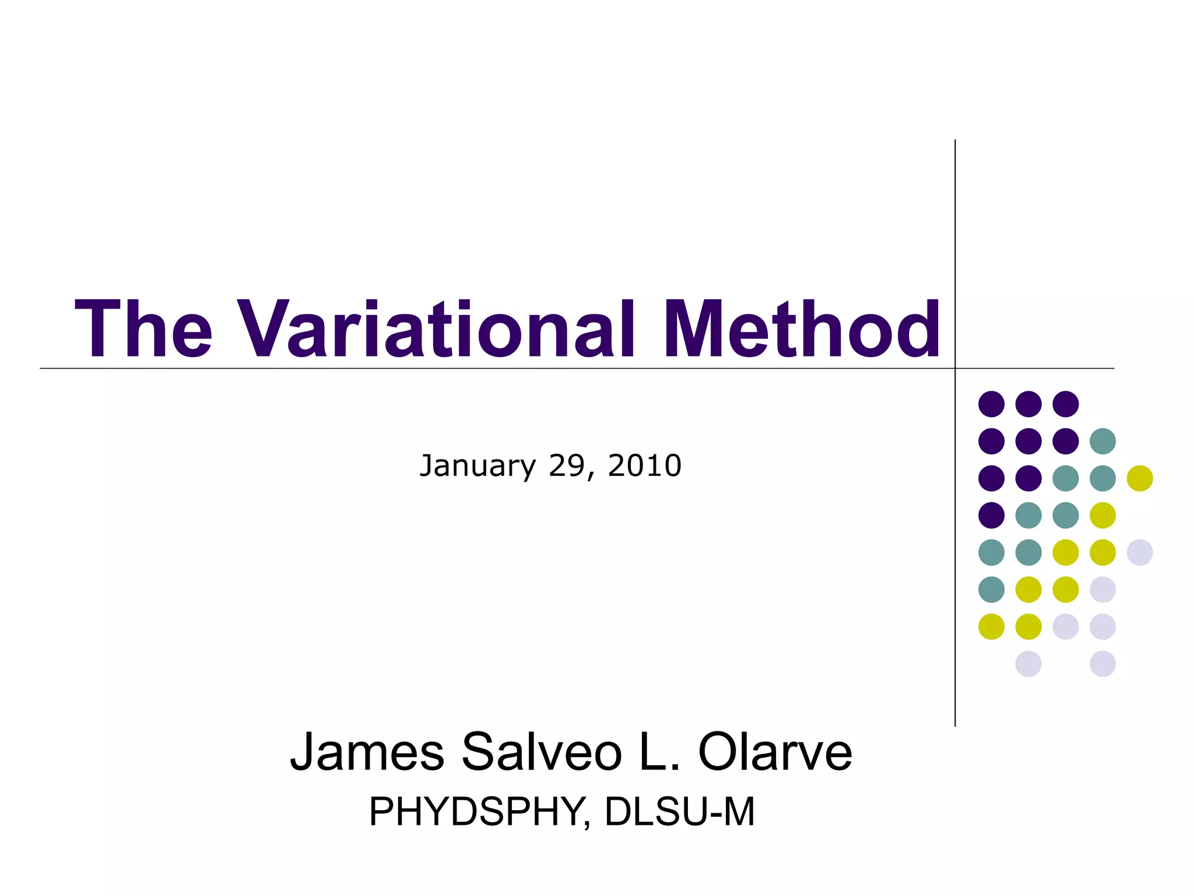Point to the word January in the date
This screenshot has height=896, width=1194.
(477, 466)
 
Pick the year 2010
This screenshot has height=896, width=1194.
(644, 466)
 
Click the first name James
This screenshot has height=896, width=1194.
(367, 752)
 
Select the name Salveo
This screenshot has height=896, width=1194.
(542, 752)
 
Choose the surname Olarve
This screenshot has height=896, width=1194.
(775, 752)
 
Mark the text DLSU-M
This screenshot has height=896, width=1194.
(680, 811)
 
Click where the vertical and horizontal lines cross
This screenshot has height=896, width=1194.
(955, 369)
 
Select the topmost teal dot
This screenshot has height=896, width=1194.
(1102, 441)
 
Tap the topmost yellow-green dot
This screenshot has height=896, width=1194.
(1140, 478)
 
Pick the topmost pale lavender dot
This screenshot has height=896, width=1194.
(1140, 552)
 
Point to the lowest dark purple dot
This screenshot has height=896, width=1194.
(991, 515)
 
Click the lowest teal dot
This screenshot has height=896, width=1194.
(991, 589)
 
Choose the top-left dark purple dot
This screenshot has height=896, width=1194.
(991, 404)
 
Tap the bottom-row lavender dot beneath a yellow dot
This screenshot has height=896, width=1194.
(1028, 664)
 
